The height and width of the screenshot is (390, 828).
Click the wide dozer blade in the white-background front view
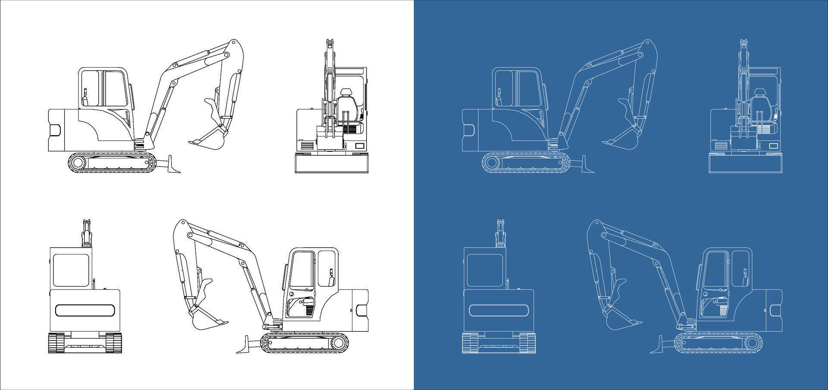click(x=331, y=164)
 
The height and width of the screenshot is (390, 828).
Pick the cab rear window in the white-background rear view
click(x=71, y=270)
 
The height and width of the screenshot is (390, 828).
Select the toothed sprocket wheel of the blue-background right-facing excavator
click(x=493, y=163)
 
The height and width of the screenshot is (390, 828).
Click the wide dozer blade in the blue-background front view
click(x=745, y=164)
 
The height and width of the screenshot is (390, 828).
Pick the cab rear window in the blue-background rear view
click(x=485, y=270)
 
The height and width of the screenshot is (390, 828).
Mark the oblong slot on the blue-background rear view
click(x=499, y=311)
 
